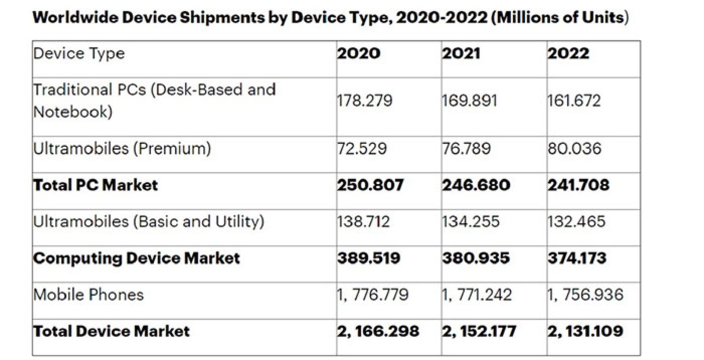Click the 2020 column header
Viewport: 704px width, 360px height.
click(359, 54)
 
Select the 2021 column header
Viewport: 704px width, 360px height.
click(461, 54)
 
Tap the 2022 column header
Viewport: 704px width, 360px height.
click(568, 54)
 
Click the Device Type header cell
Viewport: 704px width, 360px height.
click(79, 54)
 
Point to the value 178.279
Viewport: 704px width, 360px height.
click(364, 101)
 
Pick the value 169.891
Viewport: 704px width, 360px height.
click(469, 101)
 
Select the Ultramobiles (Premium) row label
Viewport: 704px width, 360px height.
click(122, 149)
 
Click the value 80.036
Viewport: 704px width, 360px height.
click(575, 149)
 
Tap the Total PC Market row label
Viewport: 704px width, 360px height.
click(96, 185)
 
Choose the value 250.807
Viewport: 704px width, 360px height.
click(370, 185)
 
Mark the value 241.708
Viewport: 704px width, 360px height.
click(578, 185)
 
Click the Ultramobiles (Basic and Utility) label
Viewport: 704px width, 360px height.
click(148, 222)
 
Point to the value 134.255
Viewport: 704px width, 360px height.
click(470, 222)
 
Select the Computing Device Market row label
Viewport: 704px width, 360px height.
click(136, 258)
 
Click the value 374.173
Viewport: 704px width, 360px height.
click(577, 258)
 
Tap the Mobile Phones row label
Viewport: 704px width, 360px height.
click(88, 295)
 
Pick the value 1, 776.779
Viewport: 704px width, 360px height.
click(373, 295)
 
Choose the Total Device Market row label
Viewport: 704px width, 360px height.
click(111, 331)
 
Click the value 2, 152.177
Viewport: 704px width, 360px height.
click(479, 331)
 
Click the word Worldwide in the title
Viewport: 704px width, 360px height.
click(75, 18)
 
